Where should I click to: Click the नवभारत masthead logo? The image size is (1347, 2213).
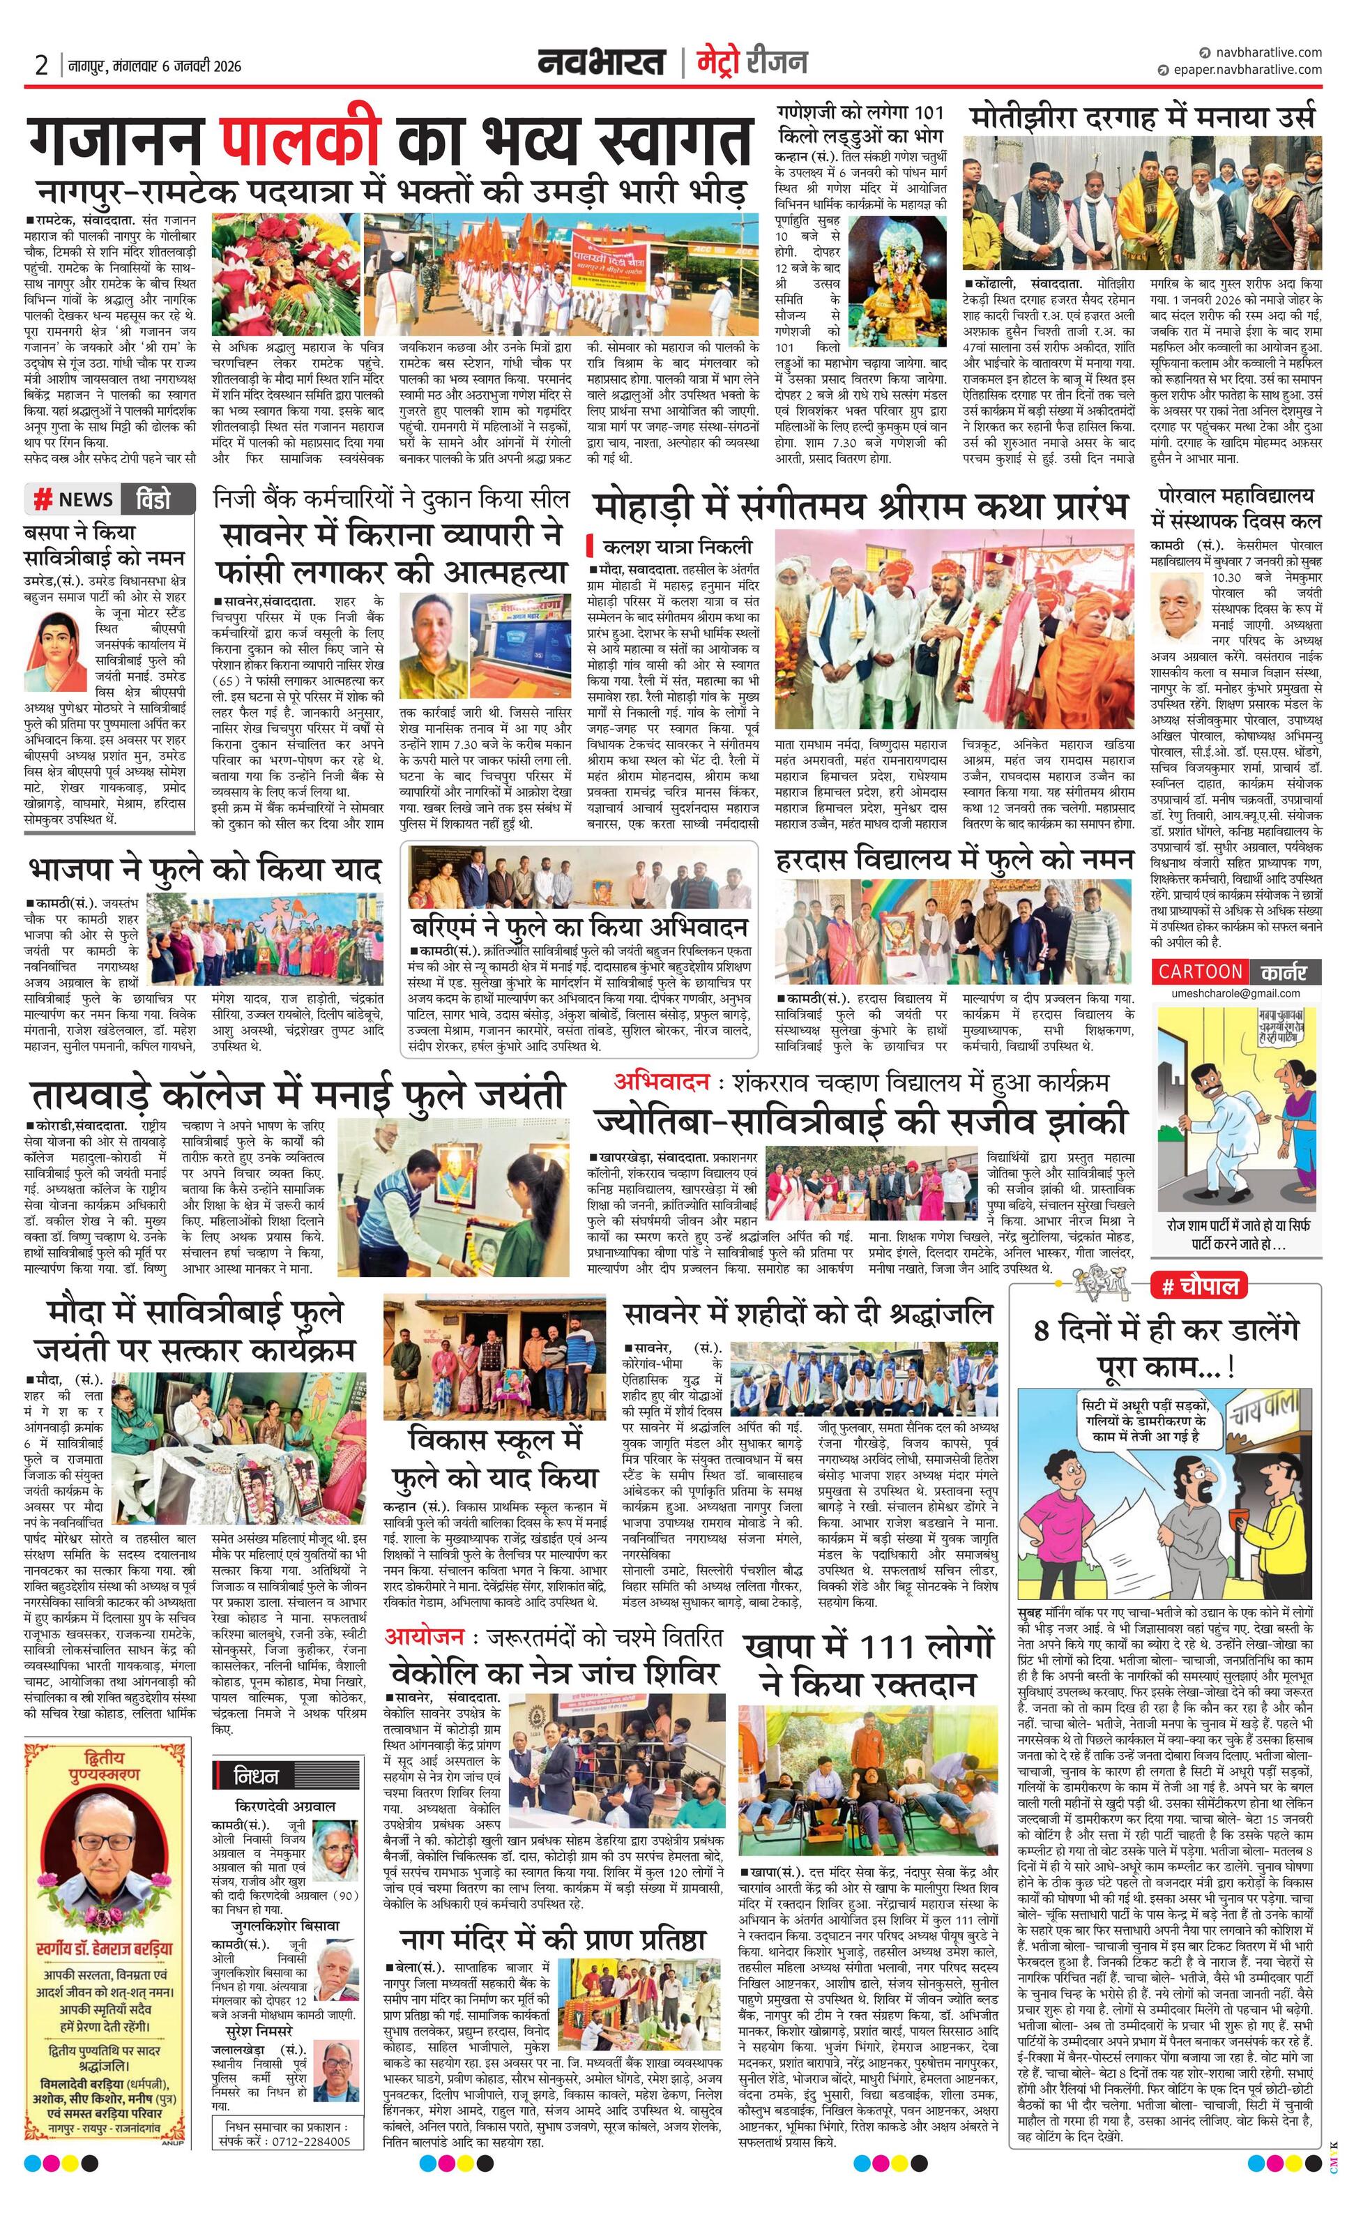pyautogui.click(x=601, y=62)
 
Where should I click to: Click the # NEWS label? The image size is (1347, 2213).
pyautogui.click(x=74, y=499)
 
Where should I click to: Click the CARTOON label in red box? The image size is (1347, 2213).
pyautogui.click(x=1200, y=971)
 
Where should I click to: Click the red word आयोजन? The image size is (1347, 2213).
pyautogui.click(x=424, y=1638)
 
